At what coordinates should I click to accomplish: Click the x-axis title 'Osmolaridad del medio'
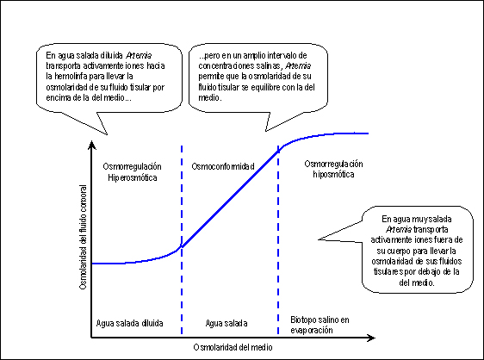pos(233,347)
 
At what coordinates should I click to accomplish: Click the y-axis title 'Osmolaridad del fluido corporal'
pos(83,237)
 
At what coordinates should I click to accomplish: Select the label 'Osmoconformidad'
pos(223,166)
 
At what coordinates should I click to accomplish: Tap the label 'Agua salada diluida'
pos(130,323)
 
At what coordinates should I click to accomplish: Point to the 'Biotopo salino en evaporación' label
pos(320,325)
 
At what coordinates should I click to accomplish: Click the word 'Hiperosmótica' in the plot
pos(133,177)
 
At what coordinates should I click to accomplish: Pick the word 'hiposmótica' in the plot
pos(333,175)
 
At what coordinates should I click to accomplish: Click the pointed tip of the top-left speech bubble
pos(107,134)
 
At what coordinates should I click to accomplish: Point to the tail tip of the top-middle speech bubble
pos(266,131)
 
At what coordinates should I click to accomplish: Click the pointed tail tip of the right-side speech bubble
pos(319,239)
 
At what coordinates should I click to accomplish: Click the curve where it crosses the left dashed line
pos(182,246)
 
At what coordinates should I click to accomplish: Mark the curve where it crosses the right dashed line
pos(278,151)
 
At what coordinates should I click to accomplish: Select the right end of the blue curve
pos(369,133)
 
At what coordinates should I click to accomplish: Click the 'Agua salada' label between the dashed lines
pos(226,323)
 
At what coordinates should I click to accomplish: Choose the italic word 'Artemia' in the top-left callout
pos(139,56)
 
